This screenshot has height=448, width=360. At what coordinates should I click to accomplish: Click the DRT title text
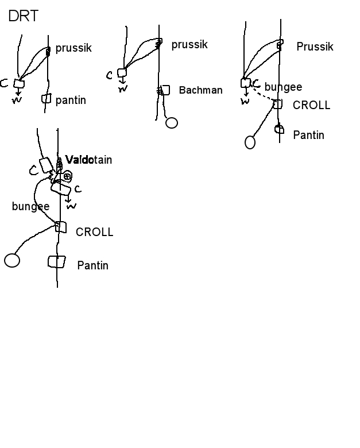click(24, 16)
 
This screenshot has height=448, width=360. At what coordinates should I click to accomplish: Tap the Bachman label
click(200, 90)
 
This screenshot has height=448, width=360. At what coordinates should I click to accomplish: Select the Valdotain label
click(88, 160)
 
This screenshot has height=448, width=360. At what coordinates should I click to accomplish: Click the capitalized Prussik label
click(315, 47)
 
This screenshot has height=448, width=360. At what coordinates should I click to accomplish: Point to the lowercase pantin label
click(71, 101)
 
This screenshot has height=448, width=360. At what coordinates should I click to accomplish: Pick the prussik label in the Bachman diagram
click(189, 45)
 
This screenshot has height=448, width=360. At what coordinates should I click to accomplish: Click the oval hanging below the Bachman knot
click(171, 123)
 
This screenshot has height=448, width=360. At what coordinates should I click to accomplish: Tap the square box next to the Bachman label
click(165, 90)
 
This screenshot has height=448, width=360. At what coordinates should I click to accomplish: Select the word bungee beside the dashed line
click(283, 87)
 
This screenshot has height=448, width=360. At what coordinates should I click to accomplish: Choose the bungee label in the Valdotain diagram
click(30, 206)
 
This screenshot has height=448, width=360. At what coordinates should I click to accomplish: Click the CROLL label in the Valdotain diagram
click(95, 232)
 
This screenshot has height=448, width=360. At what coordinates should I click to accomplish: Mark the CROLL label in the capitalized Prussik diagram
click(311, 105)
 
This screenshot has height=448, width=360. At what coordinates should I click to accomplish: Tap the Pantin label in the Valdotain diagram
click(92, 265)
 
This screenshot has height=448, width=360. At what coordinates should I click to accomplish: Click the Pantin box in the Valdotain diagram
click(56, 262)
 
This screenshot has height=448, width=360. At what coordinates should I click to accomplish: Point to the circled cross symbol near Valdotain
click(67, 176)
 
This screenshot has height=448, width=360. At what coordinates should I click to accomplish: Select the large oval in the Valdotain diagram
click(12, 260)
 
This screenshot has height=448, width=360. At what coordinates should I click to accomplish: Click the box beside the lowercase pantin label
click(46, 99)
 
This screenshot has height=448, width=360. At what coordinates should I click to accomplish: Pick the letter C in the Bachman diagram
click(110, 75)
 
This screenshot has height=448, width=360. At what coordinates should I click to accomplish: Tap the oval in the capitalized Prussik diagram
click(250, 142)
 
